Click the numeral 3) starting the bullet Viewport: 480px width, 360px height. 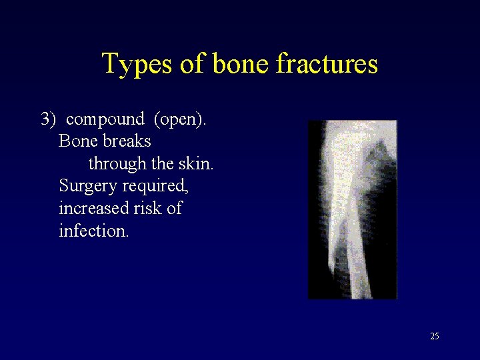point(50,120)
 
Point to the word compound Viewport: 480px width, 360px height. point(105,120)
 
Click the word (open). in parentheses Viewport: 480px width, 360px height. point(180,120)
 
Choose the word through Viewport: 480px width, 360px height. point(117,164)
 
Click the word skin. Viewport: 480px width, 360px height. point(197,164)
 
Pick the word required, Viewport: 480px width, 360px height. point(154,186)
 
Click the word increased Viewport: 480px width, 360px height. point(93,209)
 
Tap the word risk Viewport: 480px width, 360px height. point(147,209)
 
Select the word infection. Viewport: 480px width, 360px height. point(93,231)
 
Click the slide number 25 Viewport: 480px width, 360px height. point(435,337)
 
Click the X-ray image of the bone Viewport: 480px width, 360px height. point(352,209)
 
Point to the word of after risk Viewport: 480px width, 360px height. point(174,209)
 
